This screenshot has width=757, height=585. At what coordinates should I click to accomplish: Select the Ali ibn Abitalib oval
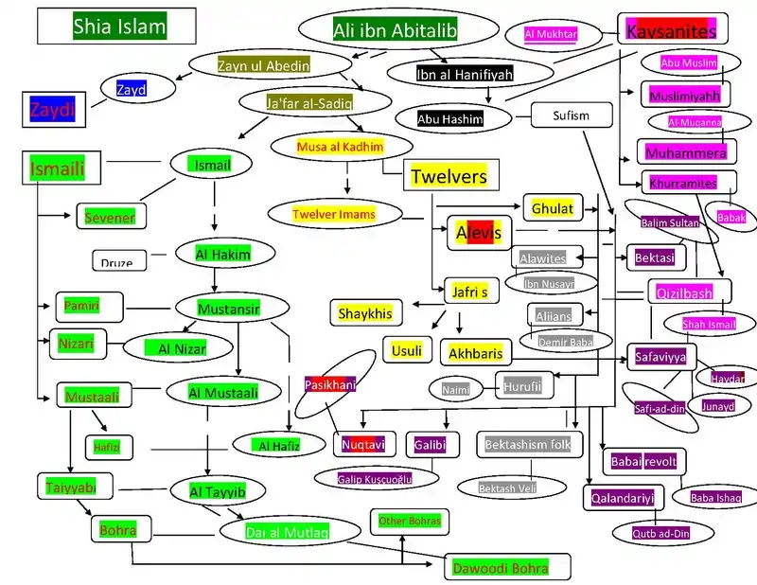point(395,31)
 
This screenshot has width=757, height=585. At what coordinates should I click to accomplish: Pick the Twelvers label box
point(449,177)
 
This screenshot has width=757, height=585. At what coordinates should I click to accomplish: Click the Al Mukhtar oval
point(551,35)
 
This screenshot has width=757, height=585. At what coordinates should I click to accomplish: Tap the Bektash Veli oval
point(510,487)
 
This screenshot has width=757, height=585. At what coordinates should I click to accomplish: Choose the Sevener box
point(111,217)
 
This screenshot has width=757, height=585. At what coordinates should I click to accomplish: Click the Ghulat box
point(553,207)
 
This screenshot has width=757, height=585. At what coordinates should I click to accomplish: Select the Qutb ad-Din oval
point(661,533)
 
